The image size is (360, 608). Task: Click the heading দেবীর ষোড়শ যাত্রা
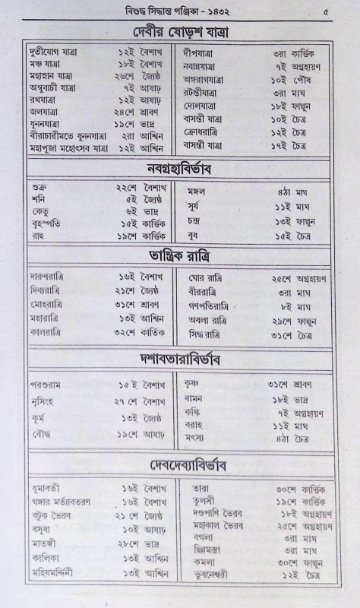pyautogui.click(x=180, y=32)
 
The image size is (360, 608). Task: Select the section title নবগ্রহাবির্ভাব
pyautogui.click(x=180, y=167)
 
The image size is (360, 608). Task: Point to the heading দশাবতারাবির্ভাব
pyautogui.click(x=180, y=358)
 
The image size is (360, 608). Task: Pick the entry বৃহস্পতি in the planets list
pyautogui.click(x=53, y=223)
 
